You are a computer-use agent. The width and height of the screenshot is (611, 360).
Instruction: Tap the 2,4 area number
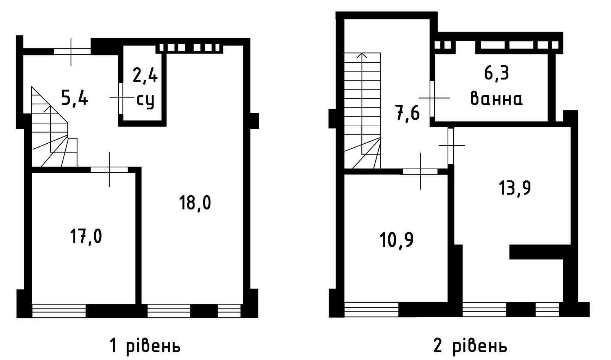pyautogui.click(x=145, y=75)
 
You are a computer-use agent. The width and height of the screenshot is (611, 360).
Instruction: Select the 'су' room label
pyautogui.click(x=145, y=101)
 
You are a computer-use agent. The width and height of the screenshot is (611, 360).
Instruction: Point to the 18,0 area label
pyautogui.click(x=195, y=203)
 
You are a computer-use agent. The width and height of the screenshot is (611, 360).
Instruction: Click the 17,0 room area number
pyautogui.click(x=86, y=236)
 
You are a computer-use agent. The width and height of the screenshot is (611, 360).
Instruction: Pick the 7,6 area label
pyautogui.click(x=407, y=114)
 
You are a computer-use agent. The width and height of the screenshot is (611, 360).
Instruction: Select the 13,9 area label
pyautogui.click(x=515, y=188)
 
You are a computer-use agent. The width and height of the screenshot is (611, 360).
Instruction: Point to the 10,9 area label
pyautogui.click(x=396, y=240)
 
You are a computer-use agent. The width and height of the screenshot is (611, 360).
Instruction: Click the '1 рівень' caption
pyautogui.click(x=145, y=346)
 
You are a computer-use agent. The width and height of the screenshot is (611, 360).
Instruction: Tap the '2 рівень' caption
pyautogui.click(x=470, y=346)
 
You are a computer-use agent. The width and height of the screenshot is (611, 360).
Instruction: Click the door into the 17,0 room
pyautogui.click(x=109, y=170)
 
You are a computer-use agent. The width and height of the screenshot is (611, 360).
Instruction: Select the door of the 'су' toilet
pyautogui.click(x=121, y=98)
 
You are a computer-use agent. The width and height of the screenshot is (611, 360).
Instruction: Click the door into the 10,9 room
pyautogui.click(x=420, y=172)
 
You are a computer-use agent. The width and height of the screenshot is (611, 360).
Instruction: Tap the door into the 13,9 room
pyautogui.click(x=451, y=146)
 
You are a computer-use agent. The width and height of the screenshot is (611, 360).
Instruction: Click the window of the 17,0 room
pyautogui.click(x=59, y=311)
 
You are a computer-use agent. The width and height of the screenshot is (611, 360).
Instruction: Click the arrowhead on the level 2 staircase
pyautogui.click(x=362, y=55)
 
